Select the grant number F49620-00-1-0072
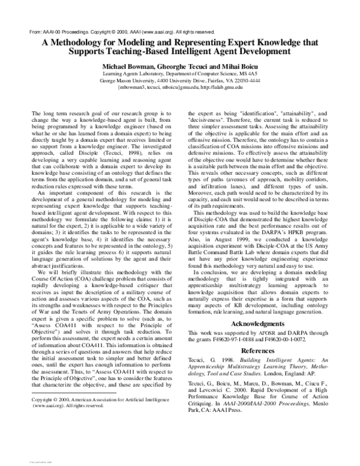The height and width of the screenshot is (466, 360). click(x=292, y=339)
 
